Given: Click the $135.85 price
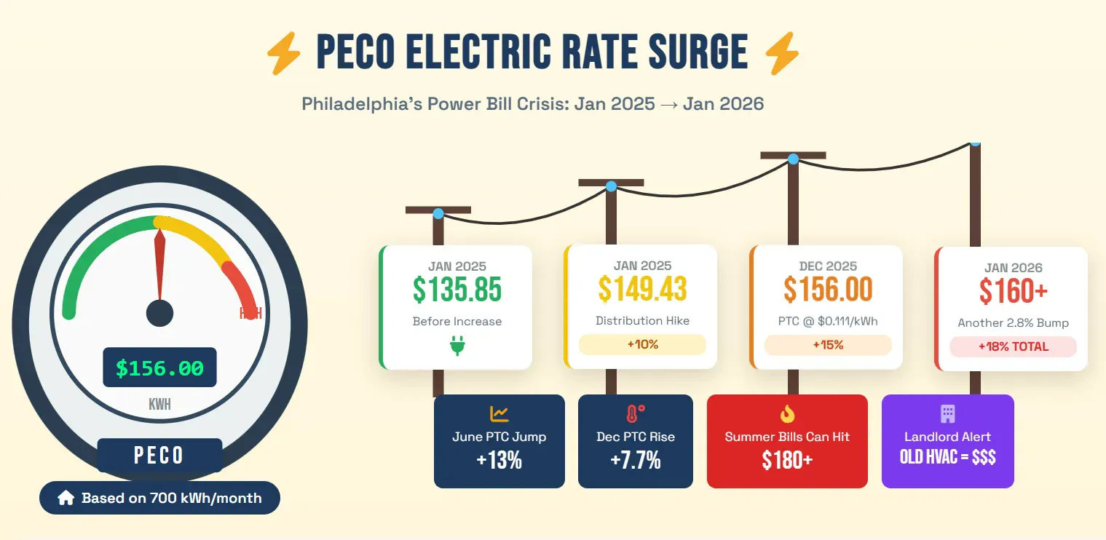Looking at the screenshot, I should (457, 290).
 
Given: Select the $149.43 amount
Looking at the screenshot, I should (642, 289).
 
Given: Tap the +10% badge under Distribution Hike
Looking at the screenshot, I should (642, 344).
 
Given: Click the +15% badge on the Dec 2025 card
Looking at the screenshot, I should (828, 345).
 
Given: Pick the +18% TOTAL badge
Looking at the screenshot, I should (1013, 346).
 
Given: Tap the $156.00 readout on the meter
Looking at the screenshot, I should (159, 368).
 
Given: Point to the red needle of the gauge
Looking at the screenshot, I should (159, 262).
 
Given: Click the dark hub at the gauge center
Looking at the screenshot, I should (159, 313).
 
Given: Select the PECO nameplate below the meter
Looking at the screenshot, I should (159, 456).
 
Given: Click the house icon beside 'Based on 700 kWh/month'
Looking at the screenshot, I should (66, 499).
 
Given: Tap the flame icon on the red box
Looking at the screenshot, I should (787, 414).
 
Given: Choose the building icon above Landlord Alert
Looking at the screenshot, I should (947, 414).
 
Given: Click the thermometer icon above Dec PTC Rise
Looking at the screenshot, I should (635, 414).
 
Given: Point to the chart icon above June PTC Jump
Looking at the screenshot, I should (499, 414).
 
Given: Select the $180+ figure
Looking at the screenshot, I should (787, 460).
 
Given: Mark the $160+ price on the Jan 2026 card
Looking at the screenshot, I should (1013, 291).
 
